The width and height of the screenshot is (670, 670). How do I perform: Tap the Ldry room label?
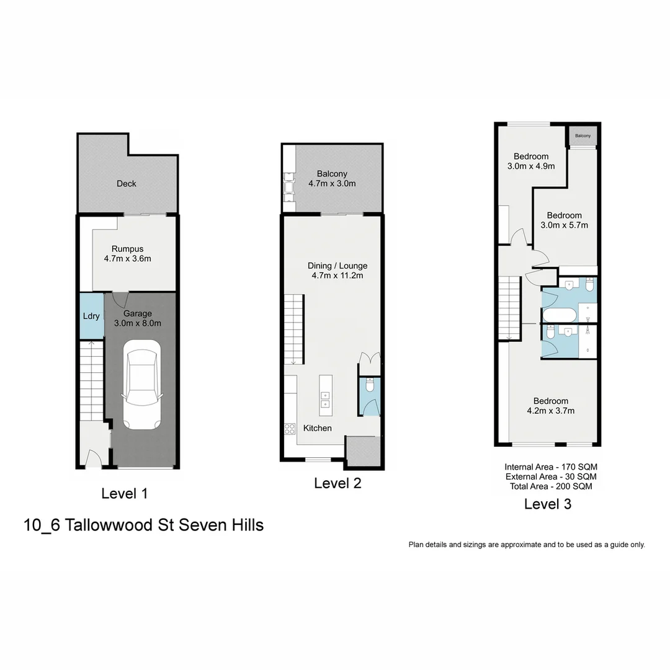pyautogui.click(x=91, y=316)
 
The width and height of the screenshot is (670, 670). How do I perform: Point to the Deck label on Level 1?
pyautogui.click(x=127, y=184)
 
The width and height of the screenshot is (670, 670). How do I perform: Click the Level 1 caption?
pyautogui.click(x=124, y=494)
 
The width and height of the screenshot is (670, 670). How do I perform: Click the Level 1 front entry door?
pyautogui.click(x=93, y=460)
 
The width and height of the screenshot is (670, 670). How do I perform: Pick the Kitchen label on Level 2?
pyautogui.click(x=317, y=428)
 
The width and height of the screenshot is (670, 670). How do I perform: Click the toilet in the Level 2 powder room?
pyautogui.click(x=370, y=386)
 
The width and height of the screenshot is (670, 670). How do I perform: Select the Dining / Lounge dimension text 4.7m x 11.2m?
pyautogui.click(x=337, y=275)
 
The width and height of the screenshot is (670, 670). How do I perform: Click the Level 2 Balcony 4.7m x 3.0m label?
pyautogui.click(x=332, y=179)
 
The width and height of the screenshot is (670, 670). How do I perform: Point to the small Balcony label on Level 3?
pyautogui.click(x=583, y=136)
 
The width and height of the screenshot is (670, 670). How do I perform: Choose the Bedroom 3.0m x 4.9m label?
pyautogui.click(x=530, y=161)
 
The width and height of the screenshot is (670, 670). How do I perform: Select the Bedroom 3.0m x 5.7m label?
pyautogui.click(x=564, y=220)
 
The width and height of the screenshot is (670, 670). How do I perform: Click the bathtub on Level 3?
pyautogui.click(x=560, y=316)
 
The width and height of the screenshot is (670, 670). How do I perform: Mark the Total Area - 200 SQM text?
pyautogui.click(x=551, y=486)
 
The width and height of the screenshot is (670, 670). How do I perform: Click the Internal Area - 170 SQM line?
pyautogui.click(x=551, y=467)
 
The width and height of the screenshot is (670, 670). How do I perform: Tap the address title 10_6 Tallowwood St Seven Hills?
pyautogui.click(x=143, y=525)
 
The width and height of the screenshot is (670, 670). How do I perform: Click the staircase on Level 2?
pyautogui.click(x=294, y=330)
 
